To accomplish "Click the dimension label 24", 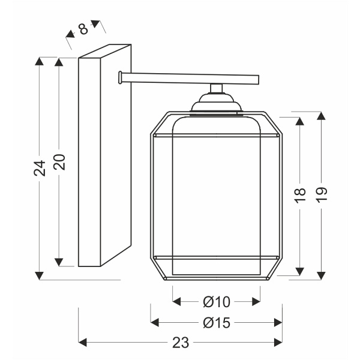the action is pos(40,168).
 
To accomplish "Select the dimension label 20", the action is pos(59,162).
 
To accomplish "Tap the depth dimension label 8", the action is pos(83,29).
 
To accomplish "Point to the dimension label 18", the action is pos(300,196).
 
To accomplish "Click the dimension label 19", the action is pos(321,195).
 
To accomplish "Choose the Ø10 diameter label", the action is pos(217,302).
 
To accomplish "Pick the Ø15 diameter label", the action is pos(217,323).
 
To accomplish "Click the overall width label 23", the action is pos(181,343).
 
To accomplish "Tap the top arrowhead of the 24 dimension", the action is pos(39,61).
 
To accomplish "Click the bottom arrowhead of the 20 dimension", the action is pos(59,262).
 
